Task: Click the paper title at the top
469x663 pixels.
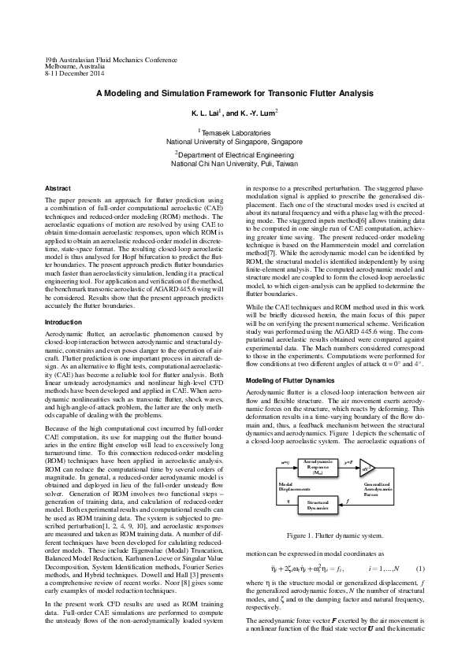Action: click(x=234, y=93)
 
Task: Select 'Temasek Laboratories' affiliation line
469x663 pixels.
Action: click(x=235, y=134)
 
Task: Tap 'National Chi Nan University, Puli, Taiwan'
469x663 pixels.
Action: click(x=234, y=165)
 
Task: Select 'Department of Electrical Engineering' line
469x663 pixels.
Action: click(x=235, y=156)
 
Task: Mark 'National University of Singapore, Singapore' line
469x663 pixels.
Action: click(x=234, y=143)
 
